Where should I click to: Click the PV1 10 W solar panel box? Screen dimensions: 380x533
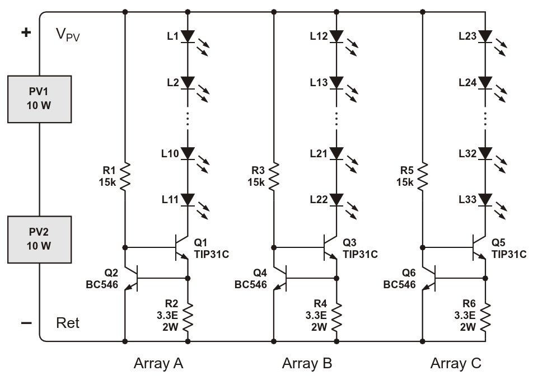pos(39,100)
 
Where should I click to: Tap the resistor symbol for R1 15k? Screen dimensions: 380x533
pos(124,176)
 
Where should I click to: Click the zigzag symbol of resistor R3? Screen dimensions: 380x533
pos(273,176)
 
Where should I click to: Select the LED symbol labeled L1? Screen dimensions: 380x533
pos(188,36)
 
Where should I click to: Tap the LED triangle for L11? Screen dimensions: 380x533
pos(188,199)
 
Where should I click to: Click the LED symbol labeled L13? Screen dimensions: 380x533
pos(336,82)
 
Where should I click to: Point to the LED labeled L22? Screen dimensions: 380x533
pos(336,199)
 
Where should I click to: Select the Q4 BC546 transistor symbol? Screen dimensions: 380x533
pos(279,278)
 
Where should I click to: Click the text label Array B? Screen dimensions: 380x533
pos(307,364)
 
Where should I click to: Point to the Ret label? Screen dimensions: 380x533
pos(68,323)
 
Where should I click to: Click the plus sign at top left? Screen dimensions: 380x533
pos(25,32)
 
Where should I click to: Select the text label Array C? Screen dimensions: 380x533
pos(455,364)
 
